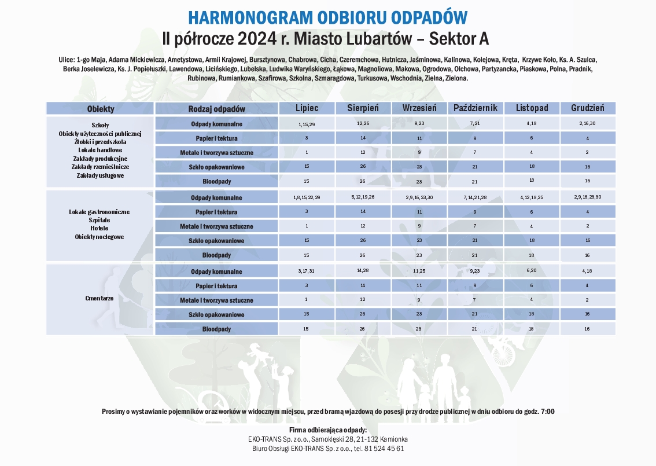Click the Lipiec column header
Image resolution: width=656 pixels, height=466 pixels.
307,108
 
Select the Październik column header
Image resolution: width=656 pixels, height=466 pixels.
476,108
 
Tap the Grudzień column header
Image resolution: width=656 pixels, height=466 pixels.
587,108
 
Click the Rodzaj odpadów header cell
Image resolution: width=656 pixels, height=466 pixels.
217,109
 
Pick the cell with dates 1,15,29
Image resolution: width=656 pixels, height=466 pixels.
307,124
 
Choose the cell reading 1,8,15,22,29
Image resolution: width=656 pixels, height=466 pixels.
307,198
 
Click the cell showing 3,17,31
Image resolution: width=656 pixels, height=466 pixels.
307,271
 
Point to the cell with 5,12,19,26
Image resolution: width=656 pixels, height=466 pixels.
363,197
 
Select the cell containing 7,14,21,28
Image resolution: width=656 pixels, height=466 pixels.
476,198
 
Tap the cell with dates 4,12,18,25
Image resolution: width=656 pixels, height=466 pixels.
531,198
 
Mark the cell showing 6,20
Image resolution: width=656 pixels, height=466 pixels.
531,270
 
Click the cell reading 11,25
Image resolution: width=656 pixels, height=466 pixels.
419,271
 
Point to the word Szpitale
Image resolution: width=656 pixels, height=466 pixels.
99,221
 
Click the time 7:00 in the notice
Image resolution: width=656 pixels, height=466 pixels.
547,411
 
